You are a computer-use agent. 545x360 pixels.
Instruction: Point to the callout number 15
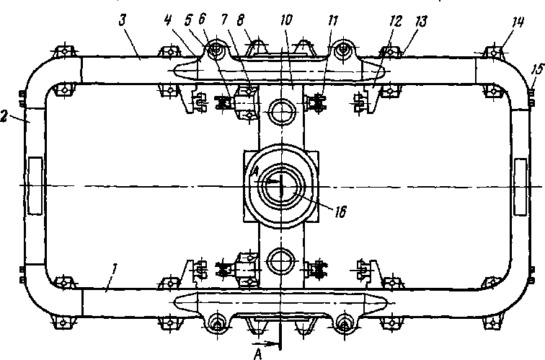(533, 69)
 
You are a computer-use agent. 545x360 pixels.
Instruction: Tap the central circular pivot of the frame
(278, 185)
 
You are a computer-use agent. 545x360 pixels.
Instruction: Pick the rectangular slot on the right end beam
(520, 186)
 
